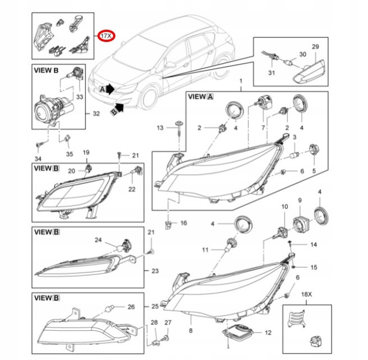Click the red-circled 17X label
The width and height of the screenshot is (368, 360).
tap(106, 36)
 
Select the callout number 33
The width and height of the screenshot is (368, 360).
tap(79, 96)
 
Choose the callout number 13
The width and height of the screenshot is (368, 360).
tap(160, 128)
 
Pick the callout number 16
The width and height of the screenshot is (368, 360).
tap(183, 223)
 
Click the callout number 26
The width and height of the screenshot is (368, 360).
tap(131, 306)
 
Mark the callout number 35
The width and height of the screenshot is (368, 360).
tap(69, 154)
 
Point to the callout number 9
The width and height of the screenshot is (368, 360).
tap(300, 200)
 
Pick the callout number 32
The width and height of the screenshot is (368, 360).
tap(96, 114)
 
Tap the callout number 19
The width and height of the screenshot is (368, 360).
tap(86, 153)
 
